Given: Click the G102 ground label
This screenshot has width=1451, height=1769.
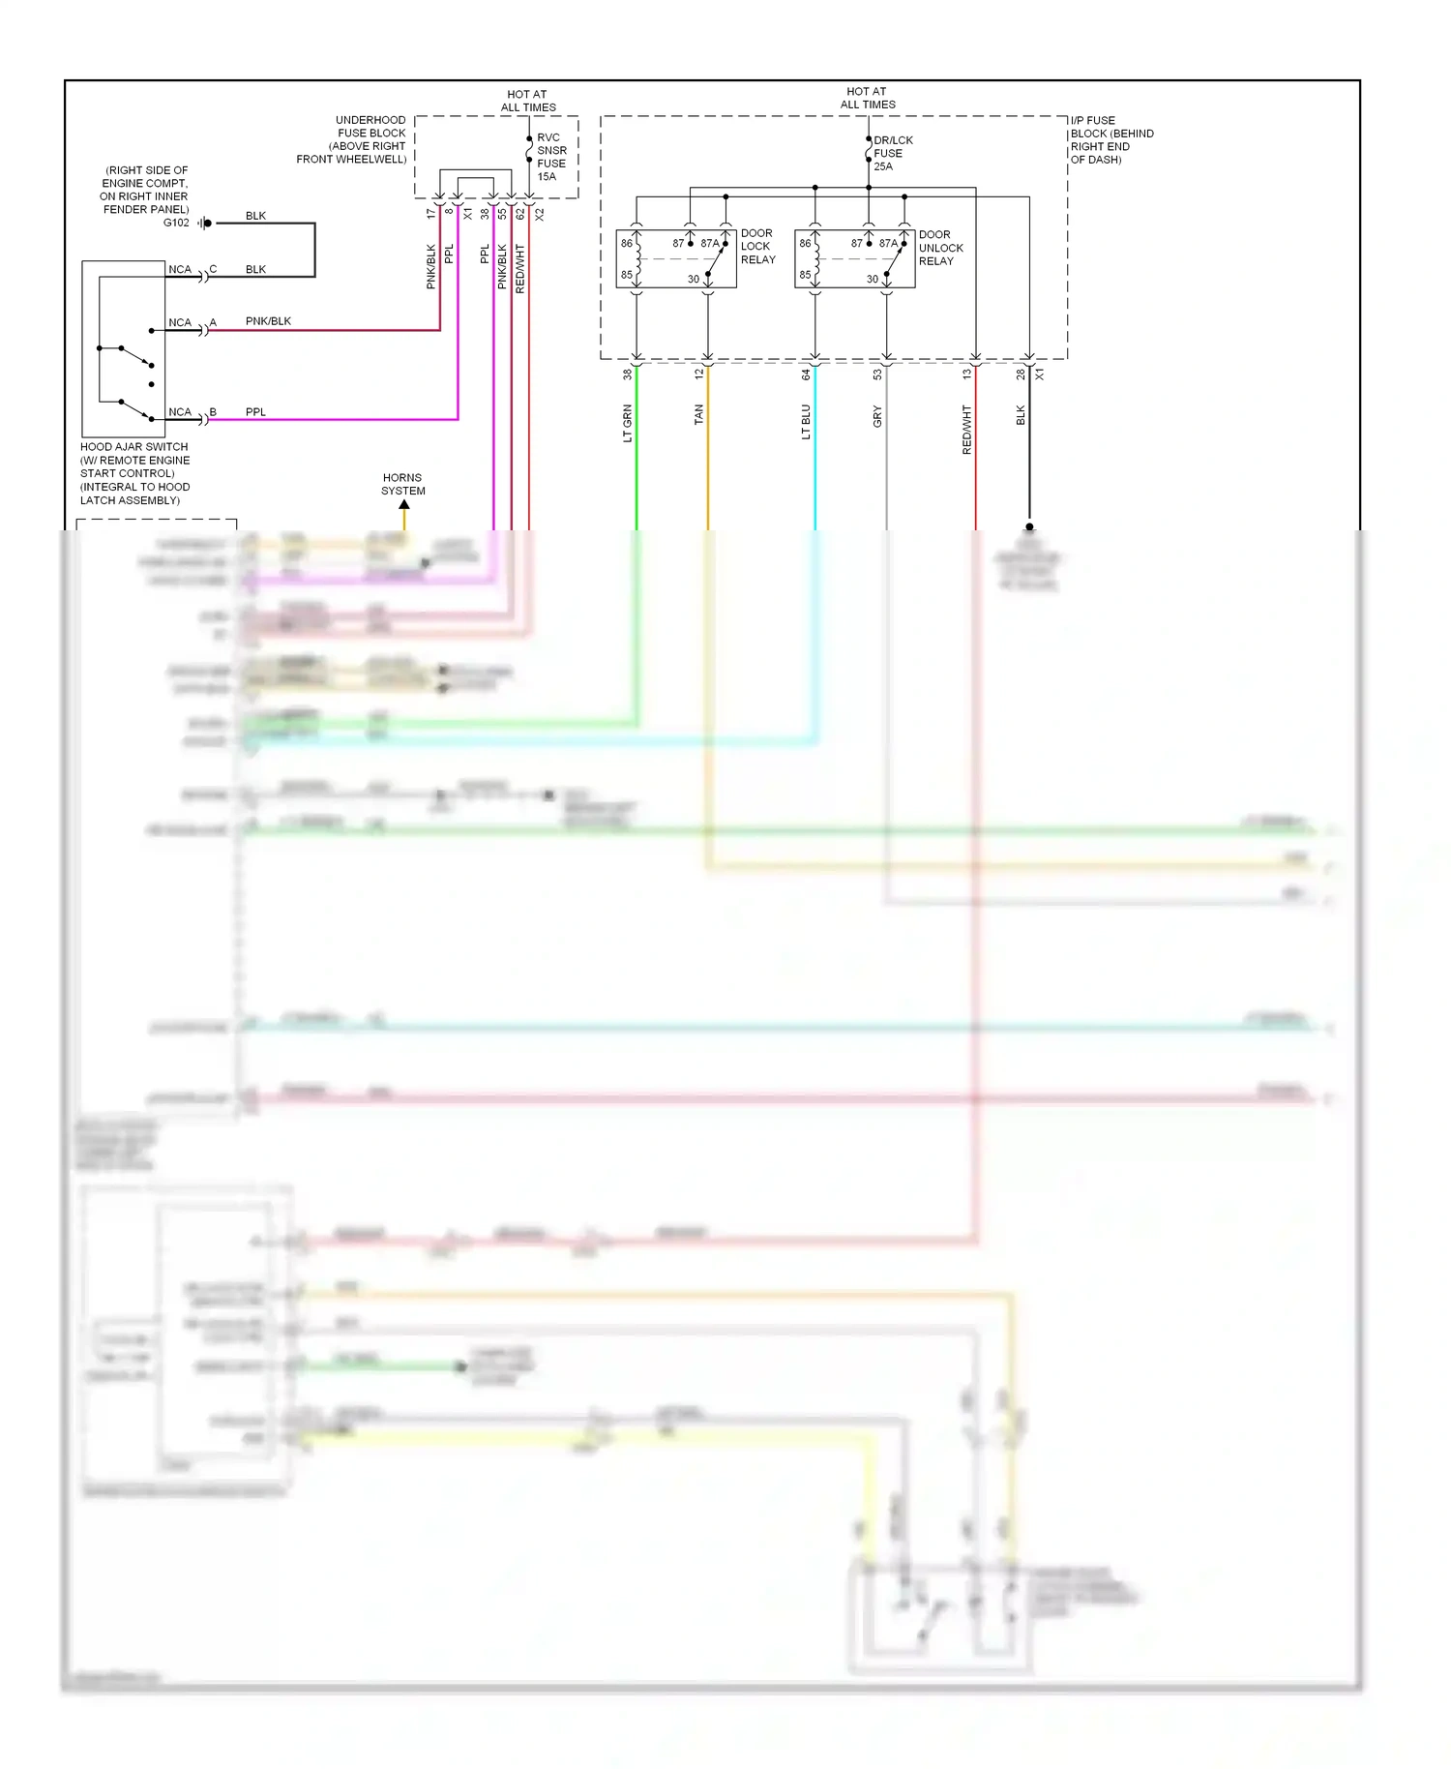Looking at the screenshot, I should point(176,223).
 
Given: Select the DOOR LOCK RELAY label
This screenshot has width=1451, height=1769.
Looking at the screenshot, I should point(757,247).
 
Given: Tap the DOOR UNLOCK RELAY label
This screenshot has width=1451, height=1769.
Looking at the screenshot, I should point(940,248).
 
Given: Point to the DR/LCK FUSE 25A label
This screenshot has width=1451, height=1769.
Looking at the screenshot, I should point(891,153).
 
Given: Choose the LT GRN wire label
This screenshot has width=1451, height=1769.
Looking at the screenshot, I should point(627,423).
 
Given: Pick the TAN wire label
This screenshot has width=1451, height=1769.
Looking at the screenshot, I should point(698,415).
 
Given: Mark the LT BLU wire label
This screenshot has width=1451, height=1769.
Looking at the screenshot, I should point(806,422).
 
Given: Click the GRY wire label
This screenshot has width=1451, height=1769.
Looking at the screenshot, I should point(877,417).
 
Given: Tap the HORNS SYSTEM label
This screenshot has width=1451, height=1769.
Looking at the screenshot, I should point(402,484).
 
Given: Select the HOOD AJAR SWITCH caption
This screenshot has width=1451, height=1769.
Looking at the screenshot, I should point(134,473).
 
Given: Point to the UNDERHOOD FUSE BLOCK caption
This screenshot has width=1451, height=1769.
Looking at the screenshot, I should point(352,139).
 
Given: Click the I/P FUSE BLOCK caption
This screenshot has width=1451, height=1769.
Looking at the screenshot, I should point(1111,140).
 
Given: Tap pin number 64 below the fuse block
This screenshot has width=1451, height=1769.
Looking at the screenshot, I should point(806,375).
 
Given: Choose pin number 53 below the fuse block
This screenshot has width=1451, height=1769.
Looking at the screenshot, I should point(877,375).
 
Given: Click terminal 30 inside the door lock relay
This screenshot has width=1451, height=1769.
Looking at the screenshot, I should point(694,279).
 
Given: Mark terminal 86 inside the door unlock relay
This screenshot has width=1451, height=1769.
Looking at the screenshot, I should point(805,243).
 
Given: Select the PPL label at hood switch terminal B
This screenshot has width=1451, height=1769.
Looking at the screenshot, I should point(255,412).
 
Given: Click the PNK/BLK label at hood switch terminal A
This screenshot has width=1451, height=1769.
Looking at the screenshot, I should point(268,321).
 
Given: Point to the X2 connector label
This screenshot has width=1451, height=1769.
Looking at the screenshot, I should point(540,214).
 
